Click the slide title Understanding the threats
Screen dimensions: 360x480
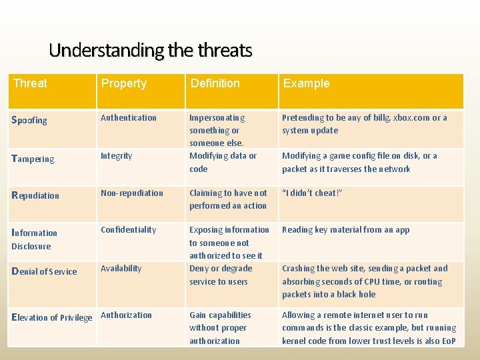(x=151, y=50)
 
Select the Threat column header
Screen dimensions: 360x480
(x=30, y=83)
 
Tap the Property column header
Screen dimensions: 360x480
(x=123, y=83)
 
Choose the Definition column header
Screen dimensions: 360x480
(x=215, y=83)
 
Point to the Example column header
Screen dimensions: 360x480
(x=306, y=83)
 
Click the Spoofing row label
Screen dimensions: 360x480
(x=30, y=121)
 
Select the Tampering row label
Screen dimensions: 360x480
(x=33, y=159)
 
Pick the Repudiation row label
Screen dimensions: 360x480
(x=35, y=196)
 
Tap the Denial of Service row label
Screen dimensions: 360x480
(x=44, y=271)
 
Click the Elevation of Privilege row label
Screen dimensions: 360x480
(x=52, y=317)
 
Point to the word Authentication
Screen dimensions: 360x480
(x=129, y=118)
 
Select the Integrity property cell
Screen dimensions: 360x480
(x=117, y=156)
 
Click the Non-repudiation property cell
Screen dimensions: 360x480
(x=132, y=193)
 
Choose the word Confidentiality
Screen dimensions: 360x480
(x=128, y=230)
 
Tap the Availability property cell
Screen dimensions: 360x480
(x=121, y=269)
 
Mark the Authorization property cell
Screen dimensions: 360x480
(x=126, y=315)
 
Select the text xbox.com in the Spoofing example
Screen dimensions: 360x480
(x=411, y=118)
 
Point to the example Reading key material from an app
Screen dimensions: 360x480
(x=345, y=230)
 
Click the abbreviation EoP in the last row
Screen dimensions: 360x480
(x=448, y=341)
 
